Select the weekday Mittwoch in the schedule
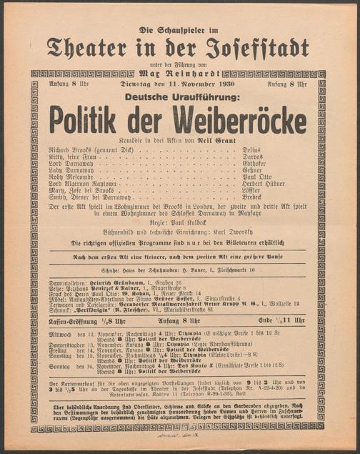point(63,334)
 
